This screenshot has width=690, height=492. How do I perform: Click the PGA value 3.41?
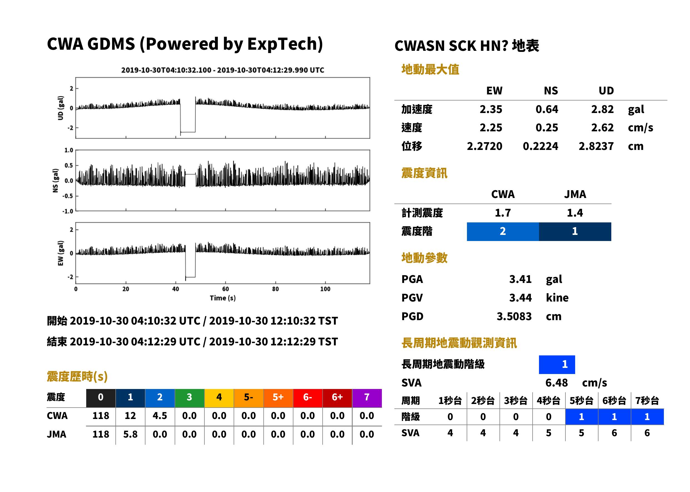(x=520, y=279)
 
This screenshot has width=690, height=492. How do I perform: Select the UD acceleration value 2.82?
(x=602, y=109)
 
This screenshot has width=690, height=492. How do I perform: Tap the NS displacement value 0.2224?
(x=540, y=146)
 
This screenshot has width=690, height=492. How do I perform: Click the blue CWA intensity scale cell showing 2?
(x=503, y=232)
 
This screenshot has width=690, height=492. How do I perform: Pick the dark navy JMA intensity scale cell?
(x=575, y=232)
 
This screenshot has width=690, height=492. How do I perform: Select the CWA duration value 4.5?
(x=160, y=416)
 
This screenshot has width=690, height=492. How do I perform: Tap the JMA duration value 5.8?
(x=130, y=435)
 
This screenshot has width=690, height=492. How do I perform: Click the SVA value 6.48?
(x=557, y=383)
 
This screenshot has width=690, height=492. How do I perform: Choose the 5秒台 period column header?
(x=581, y=400)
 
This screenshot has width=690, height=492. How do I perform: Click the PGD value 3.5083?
(x=514, y=316)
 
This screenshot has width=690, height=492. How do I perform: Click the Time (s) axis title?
(x=223, y=298)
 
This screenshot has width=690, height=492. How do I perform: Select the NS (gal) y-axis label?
(x=55, y=180)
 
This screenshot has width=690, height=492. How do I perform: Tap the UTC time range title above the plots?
(x=223, y=70)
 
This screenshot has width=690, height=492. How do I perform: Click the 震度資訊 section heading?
(x=424, y=173)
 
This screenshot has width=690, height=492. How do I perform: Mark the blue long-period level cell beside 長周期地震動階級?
(x=557, y=365)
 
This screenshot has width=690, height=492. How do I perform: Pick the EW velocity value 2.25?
(x=491, y=127)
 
